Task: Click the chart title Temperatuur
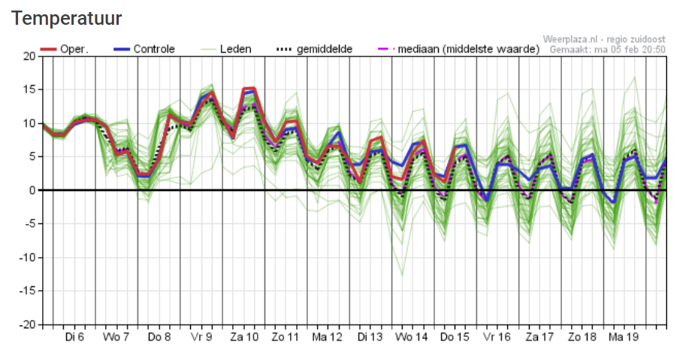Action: click(x=67, y=17)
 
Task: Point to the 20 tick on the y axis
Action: click(x=29, y=56)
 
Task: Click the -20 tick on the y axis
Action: click(x=26, y=325)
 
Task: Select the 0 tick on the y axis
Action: click(x=32, y=190)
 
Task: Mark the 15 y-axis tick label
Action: click(x=29, y=90)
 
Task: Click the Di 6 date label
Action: click(x=74, y=337)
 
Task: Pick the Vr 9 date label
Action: click(x=202, y=337)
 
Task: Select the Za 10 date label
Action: click(x=244, y=337)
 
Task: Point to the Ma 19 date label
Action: click(x=624, y=337)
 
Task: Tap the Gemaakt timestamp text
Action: click(x=608, y=50)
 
